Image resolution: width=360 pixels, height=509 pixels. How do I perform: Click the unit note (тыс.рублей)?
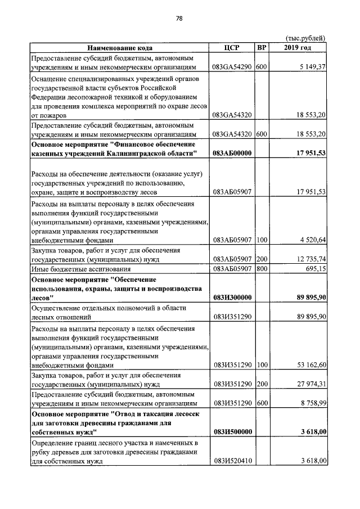point(305,38)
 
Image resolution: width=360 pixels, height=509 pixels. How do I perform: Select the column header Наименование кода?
point(119,48)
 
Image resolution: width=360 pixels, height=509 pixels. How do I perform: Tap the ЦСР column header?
point(232,48)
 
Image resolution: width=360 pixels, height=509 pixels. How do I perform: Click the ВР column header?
point(261,48)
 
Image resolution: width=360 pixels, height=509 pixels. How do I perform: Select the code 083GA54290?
point(232,67)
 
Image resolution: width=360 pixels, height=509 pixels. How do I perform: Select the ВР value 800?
point(261,269)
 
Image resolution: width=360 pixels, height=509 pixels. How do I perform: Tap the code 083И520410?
point(232,461)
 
